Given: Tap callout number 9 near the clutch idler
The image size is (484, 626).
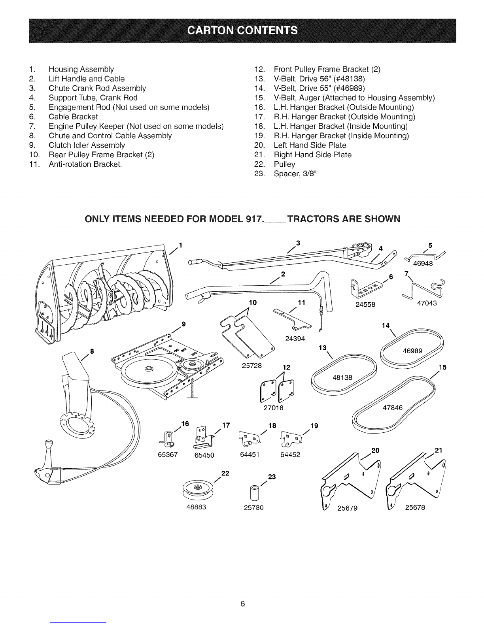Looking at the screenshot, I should (183, 324).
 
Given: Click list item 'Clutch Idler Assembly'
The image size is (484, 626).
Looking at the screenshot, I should (87, 145).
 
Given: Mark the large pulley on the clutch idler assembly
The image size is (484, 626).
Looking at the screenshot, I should (147, 370).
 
